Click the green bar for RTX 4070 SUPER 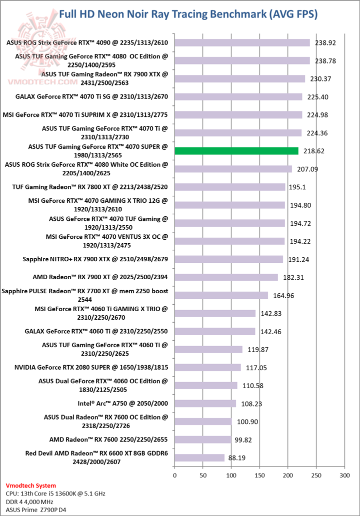tap(236, 151)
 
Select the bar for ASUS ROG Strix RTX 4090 tap(242, 42)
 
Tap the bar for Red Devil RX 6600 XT tap(199, 458)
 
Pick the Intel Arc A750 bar tap(205, 403)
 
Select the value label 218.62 tap(313, 151)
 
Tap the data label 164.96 tap(283, 295)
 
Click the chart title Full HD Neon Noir tap(188, 14)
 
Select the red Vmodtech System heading tap(31, 486)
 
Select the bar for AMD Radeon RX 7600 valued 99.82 tap(203, 440)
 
